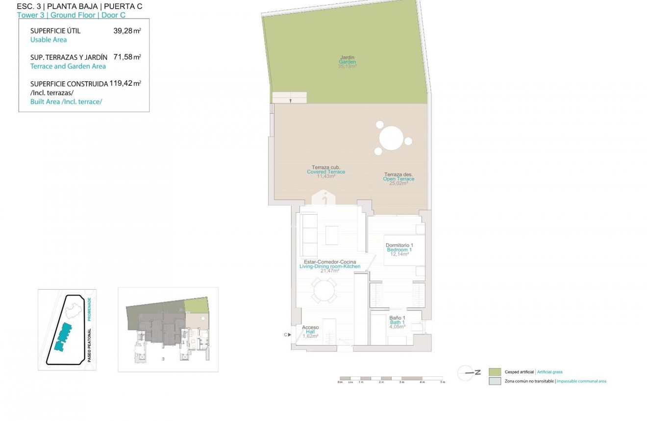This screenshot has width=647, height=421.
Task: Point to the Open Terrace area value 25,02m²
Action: pyautogui.click(x=398, y=184)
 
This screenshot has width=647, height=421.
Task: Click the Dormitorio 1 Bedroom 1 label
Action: pyautogui.click(x=399, y=248)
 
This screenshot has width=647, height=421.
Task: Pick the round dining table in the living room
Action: pyautogui.click(x=324, y=291)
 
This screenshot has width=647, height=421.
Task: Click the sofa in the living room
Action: pyautogui.click(x=309, y=230)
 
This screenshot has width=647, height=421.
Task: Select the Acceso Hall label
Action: pyautogui.click(x=310, y=330)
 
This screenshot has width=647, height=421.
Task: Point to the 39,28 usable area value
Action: pyautogui.click(x=125, y=31)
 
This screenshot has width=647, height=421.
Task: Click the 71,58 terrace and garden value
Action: pyautogui.click(x=125, y=57)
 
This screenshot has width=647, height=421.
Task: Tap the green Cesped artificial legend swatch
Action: pyautogui.click(x=495, y=372)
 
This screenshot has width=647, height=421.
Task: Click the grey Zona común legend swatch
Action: pyautogui.click(x=495, y=381)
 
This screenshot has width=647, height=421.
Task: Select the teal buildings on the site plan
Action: pyautogui.click(x=63, y=337)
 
